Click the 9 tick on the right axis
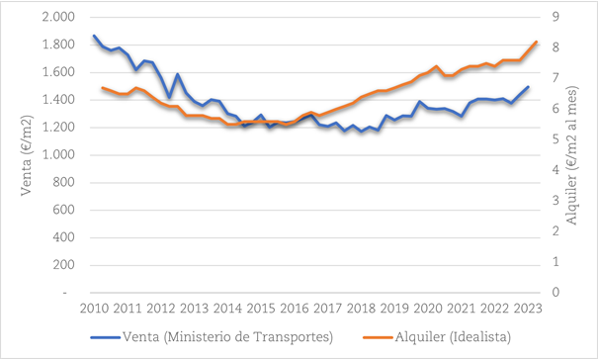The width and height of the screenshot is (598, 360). [x=556, y=18]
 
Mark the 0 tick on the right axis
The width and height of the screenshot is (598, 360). [x=556, y=293]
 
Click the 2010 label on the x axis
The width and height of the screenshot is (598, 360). [x=94, y=308]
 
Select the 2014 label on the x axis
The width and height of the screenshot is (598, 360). [x=227, y=308]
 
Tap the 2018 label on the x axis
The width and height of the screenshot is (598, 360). [x=361, y=308]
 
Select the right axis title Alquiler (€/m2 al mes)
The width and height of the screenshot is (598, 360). [x=576, y=155]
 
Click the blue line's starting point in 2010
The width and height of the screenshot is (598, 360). [x=94, y=36]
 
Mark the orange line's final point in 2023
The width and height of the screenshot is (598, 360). [x=536, y=42]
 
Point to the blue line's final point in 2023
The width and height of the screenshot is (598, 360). [x=528, y=87]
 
